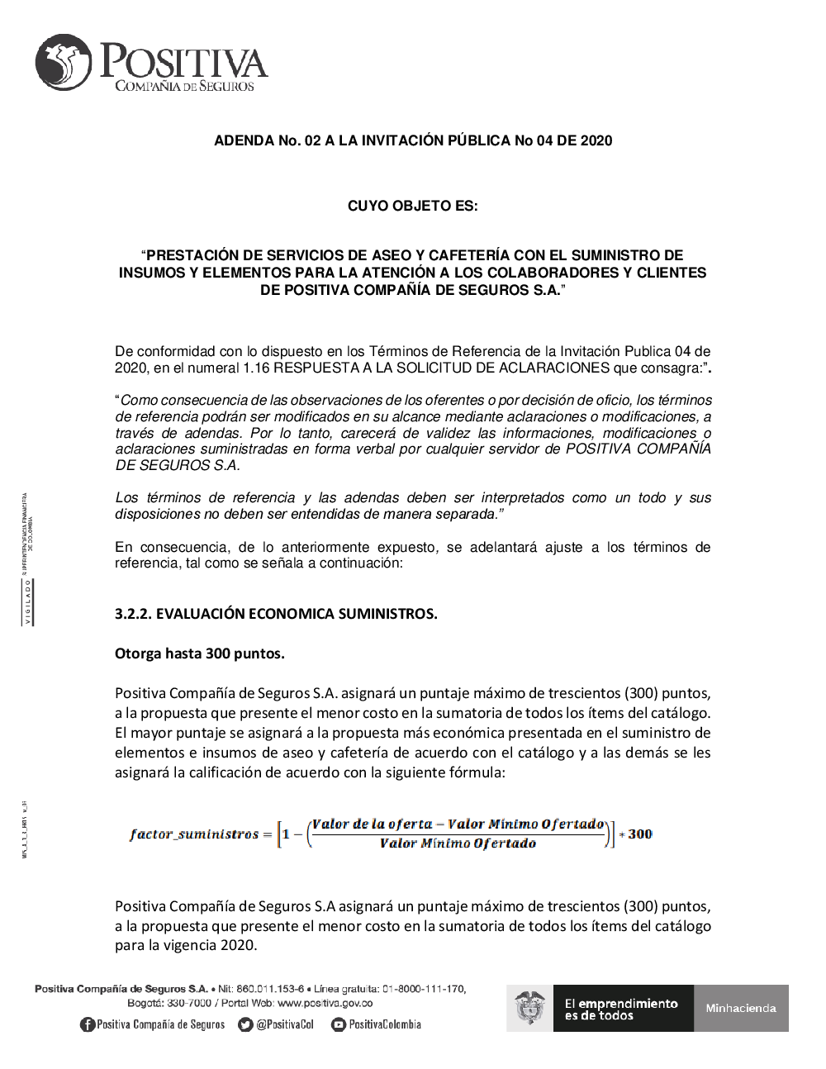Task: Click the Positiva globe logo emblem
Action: point(64,62)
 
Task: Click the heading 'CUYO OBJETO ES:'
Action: point(412,206)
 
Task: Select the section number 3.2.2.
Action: point(133,614)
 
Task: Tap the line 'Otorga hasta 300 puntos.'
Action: point(200,653)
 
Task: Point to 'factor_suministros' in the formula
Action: point(194,834)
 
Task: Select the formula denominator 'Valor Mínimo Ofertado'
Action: point(458,843)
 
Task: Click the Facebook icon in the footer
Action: point(88,1024)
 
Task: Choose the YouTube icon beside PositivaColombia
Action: point(338,1024)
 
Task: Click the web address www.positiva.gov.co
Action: point(325,1003)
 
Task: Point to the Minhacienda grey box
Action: point(741,1008)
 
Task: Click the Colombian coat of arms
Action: point(529,1008)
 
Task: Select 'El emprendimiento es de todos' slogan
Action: point(621,1009)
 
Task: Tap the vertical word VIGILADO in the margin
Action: point(27,602)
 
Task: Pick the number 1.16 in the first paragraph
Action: point(256,368)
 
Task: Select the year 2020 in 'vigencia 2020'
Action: point(240,945)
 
